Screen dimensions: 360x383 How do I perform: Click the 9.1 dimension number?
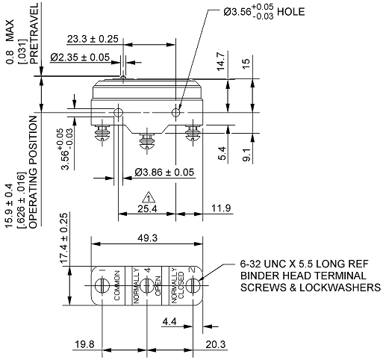(246, 156)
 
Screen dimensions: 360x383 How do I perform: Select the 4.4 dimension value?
(169, 322)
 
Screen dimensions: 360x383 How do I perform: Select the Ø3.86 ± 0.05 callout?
(164, 173)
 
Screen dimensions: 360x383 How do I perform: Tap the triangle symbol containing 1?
(149, 198)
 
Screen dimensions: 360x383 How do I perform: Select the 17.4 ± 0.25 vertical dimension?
(64, 237)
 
